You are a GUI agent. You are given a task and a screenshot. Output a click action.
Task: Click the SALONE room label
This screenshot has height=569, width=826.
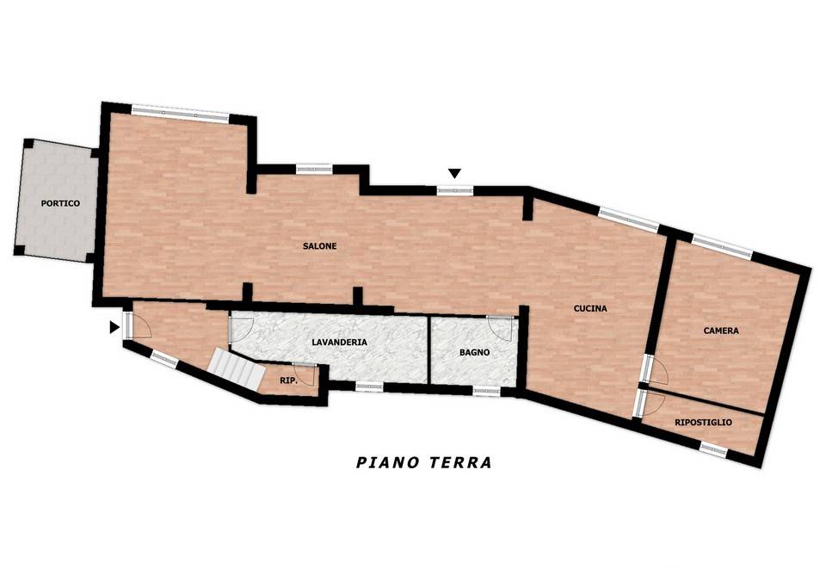click(319, 246)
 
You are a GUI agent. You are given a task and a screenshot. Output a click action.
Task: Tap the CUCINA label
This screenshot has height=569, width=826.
click(590, 308)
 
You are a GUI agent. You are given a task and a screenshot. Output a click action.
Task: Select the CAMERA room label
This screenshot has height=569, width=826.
click(721, 331)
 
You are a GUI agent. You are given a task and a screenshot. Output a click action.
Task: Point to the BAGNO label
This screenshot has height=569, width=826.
click(475, 352)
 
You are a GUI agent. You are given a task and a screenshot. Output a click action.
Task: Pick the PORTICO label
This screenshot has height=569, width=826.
click(60, 203)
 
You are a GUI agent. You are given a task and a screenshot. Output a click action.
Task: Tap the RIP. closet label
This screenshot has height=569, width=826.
click(289, 380)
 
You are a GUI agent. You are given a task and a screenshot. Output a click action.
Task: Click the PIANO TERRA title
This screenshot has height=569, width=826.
click(424, 462)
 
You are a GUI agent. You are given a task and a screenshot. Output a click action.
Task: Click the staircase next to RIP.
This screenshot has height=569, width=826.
click(236, 368)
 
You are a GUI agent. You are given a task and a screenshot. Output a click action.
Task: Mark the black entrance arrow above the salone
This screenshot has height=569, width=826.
click(454, 173)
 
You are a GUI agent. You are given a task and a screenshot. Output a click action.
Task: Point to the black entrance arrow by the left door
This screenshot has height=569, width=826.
click(114, 327)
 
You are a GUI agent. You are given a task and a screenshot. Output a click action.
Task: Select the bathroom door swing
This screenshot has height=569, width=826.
click(501, 328)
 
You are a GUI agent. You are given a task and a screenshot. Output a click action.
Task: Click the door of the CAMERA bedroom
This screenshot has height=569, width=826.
click(653, 369)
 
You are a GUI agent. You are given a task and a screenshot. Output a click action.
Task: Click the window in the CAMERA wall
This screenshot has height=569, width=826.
click(722, 247)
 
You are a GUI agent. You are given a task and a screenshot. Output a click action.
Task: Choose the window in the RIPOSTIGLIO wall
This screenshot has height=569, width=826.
click(714, 449)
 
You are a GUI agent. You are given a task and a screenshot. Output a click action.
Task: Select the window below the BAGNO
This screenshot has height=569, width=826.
click(486, 392)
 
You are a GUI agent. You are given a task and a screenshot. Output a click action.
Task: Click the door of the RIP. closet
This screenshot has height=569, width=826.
click(306, 374)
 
